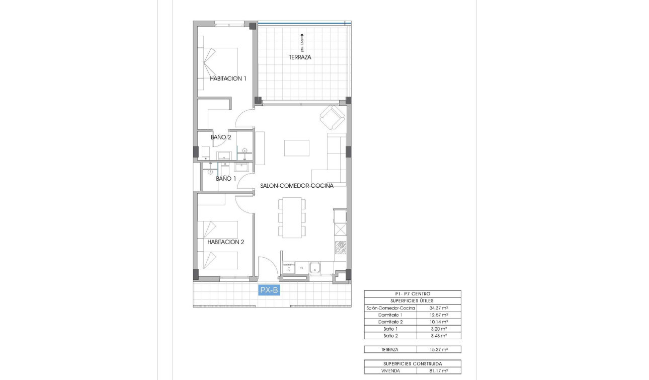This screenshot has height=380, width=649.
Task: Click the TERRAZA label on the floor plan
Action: point(300,57)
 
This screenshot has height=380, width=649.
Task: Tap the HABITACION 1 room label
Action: point(228,79)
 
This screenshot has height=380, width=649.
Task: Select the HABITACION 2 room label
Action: point(225,242)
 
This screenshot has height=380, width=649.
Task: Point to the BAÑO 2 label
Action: point(221,137)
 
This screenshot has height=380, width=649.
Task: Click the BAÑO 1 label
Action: point(226,179)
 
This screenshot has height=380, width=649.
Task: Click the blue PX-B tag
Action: point(269,290)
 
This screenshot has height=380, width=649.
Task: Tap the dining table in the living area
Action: point(292,217)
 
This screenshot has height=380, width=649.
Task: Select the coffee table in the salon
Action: point(297,148)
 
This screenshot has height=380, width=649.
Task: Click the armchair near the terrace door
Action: point(332,117)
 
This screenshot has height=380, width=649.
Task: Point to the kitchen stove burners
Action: point(341,247)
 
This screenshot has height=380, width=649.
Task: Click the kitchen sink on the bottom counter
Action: point(315,267)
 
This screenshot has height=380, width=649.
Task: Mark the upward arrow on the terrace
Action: point(302,36)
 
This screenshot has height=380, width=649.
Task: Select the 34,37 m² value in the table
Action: point(439,308)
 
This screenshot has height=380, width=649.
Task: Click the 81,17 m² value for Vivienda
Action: point(439,371)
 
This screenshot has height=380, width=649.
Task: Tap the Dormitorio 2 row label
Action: point(390,322)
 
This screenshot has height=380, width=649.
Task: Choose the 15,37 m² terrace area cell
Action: point(439,349)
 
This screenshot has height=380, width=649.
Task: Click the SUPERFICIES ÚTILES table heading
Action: point(413,300)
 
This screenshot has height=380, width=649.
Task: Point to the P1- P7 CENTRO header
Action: point(413,294)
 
